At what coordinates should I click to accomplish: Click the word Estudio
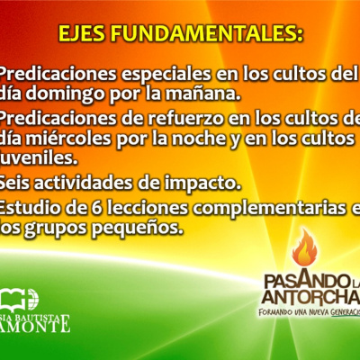(32, 209)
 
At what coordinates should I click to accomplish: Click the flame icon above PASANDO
(307, 247)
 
